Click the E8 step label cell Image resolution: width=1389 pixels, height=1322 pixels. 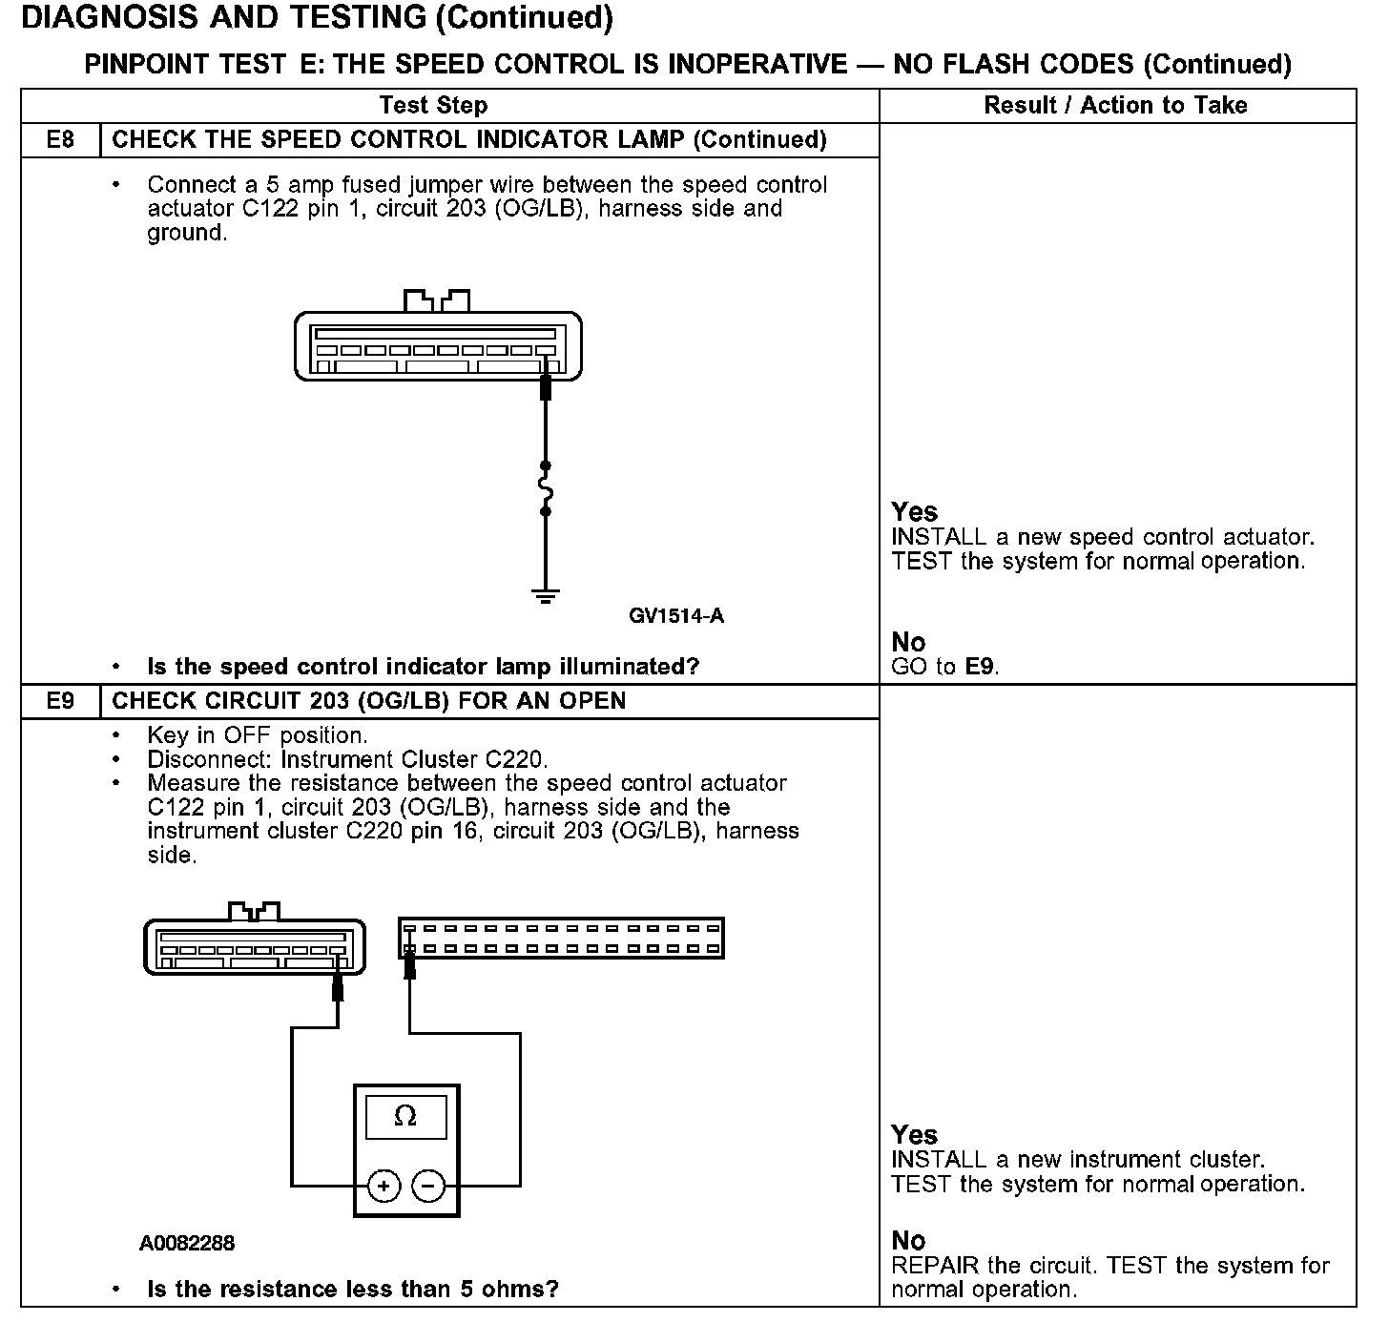(x=60, y=140)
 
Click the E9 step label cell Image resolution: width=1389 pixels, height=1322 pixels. (x=60, y=701)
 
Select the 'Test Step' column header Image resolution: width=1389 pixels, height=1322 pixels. (x=433, y=105)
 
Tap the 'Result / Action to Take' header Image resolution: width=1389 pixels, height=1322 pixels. (x=1115, y=105)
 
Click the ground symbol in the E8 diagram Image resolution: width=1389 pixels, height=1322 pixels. (x=546, y=597)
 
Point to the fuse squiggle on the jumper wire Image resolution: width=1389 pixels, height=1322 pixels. (x=546, y=489)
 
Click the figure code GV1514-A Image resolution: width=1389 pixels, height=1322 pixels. (x=676, y=616)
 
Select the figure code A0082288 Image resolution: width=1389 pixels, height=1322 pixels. (x=187, y=1244)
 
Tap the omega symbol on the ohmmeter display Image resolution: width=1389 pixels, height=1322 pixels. (x=405, y=1116)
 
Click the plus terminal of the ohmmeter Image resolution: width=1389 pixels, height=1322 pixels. (x=384, y=1187)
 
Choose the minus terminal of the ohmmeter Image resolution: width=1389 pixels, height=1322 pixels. (x=428, y=1187)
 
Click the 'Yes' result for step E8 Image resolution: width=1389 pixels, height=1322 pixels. (x=915, y=512)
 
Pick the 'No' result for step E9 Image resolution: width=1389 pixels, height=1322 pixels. (x=909, y=1241)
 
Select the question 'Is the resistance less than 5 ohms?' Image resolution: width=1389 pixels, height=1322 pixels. (x=353, y=1290)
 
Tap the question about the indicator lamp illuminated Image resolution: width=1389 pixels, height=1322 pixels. (x=424, y=667)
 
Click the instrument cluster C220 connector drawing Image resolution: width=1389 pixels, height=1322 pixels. (x=562, y=939)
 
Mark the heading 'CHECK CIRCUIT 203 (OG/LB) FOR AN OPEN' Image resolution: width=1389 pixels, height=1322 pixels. (x=369, y=701)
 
